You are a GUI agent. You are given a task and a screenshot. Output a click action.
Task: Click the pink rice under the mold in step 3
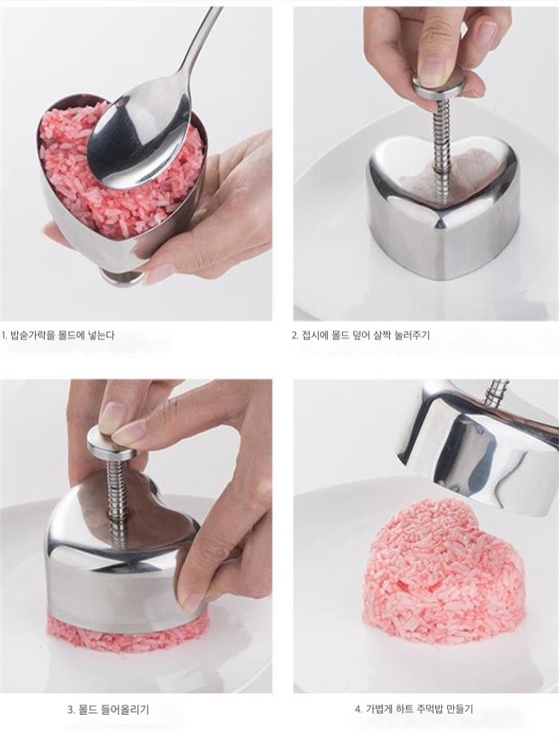[127, 631]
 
